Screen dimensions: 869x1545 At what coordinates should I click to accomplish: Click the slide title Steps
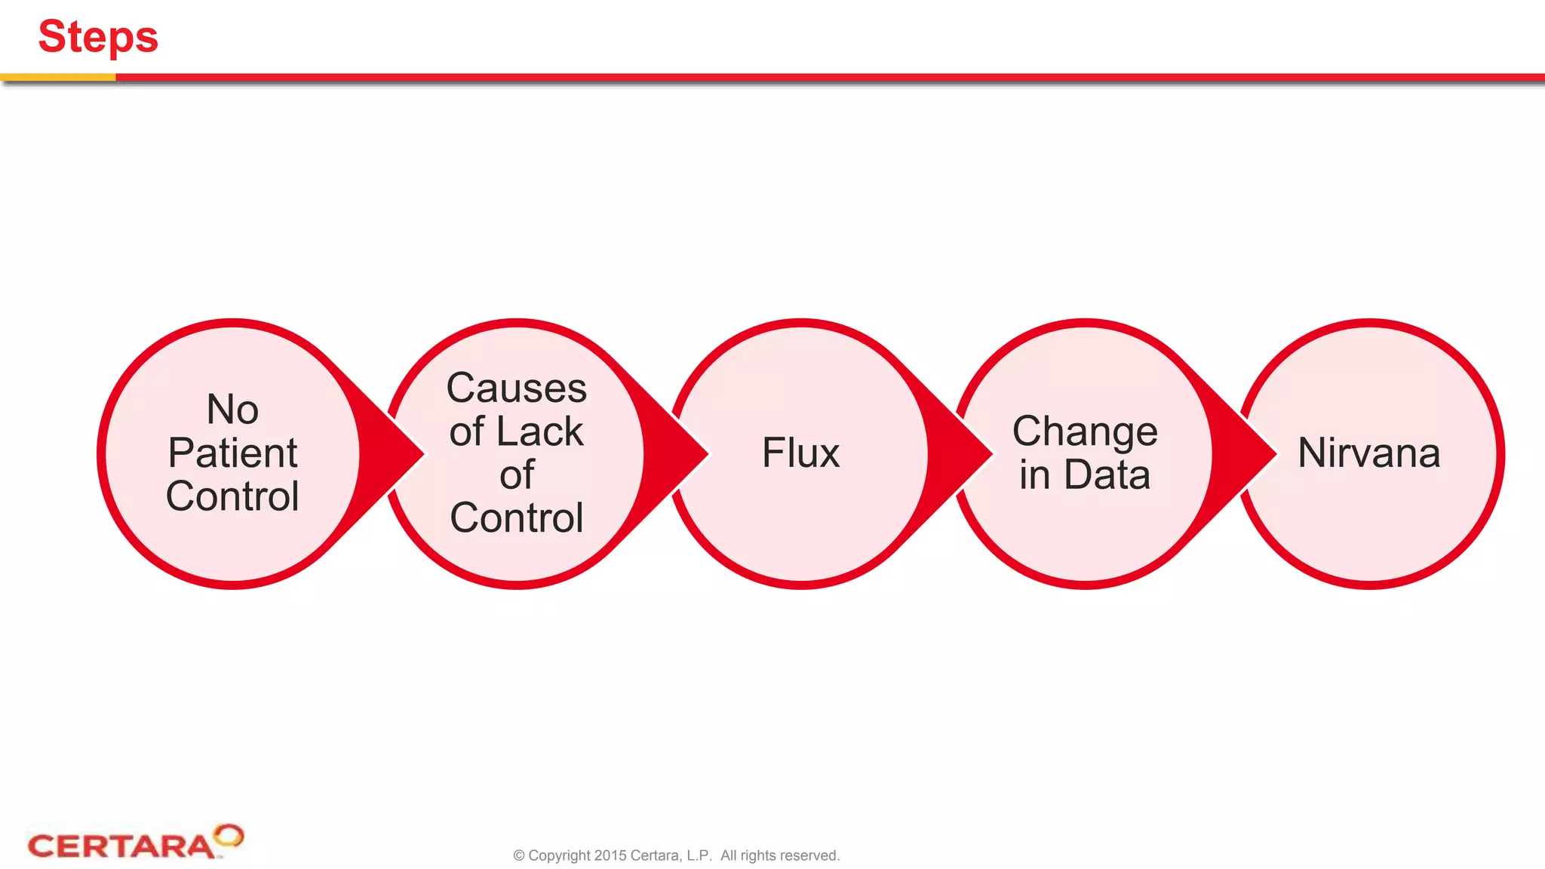(98, 36)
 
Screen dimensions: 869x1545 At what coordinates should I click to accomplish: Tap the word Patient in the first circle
(232, 453)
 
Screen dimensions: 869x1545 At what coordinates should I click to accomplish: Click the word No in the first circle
(232, 410)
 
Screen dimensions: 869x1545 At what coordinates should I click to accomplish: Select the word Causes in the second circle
(517, 388)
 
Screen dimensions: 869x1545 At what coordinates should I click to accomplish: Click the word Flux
(800, 453)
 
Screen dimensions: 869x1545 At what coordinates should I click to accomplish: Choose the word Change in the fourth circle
(1085, 431)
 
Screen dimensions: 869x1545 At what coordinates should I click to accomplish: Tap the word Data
(1107, 475)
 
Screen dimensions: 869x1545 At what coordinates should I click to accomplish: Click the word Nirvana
(1368, 453)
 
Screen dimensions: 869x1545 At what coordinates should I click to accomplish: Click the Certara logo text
(121, 846)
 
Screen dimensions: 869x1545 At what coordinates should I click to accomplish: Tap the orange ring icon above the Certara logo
(228, 835)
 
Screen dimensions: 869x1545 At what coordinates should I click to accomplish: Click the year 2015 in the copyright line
(610, 855)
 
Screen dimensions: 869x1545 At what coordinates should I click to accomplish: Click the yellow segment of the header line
(57, 77)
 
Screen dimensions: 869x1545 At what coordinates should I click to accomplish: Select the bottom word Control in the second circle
(517, 518)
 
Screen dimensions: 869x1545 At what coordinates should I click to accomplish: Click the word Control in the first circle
(232, 496)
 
